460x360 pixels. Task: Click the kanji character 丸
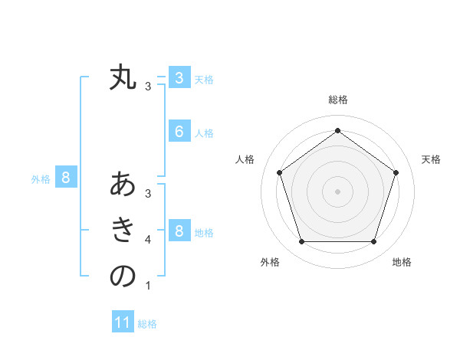[x=123, y=78]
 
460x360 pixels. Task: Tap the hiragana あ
[x=123, y=185]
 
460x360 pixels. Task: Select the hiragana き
[x=123, y=230]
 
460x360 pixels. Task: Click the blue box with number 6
[x=179, y=132]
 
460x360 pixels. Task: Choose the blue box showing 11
[x=123, y=322]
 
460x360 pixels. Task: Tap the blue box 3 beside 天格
[x=179, y=78]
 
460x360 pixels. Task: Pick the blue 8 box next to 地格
[x=179, y=231]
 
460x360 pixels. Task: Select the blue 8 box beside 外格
[x=66, y=178]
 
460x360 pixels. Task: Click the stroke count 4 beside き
[x=148, y=240]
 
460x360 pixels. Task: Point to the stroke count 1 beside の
[x=148, y=286]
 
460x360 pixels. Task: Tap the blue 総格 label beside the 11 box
[x=147, y=324]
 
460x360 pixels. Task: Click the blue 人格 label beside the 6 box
[x=204, y=133]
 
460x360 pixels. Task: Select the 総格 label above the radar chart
[x=337, y=100]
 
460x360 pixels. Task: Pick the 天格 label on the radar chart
[x=431, y=159]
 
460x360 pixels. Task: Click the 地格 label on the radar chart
[x=402, y=262]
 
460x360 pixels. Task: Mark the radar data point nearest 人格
[x=280, y=172]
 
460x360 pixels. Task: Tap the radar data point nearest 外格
[x=301, y=242]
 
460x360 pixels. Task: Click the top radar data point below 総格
[x=337, y=130]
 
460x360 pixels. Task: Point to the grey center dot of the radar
[x=337, y=191]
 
